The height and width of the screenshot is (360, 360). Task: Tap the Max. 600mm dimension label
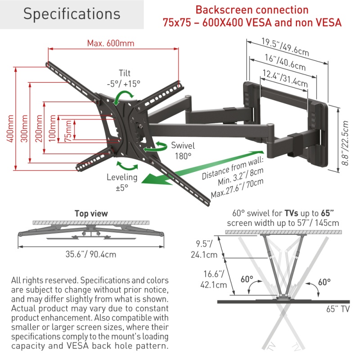pos(111,44)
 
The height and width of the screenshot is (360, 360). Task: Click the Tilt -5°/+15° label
pos(124,78)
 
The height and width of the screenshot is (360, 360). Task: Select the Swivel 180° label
pos(183,150)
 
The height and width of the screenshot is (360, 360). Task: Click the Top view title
pos(91,213)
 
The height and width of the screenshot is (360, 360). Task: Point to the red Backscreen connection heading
pos(252,10)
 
